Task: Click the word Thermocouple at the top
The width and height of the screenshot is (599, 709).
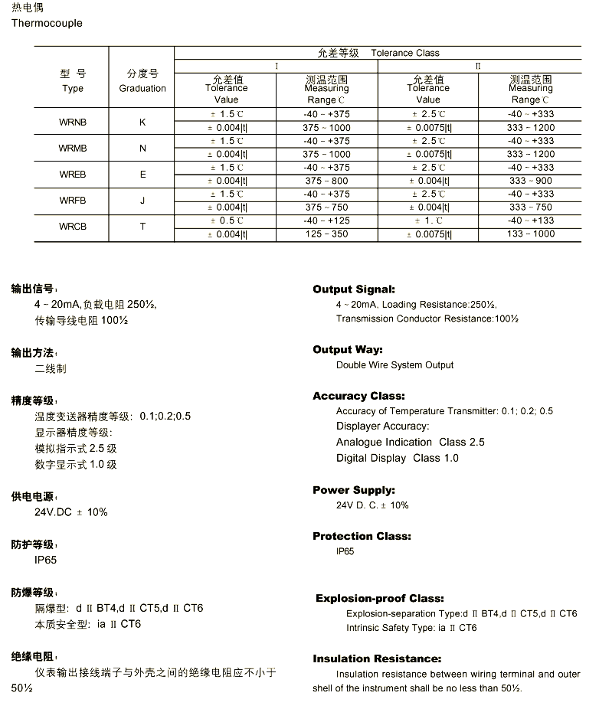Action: pyautogui.click(x=47, y=23)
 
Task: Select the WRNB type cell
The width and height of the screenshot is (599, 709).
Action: pyautogui.click(x=73, y=122)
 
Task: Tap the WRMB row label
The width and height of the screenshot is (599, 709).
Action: pyautogui.click(x=73, y=148)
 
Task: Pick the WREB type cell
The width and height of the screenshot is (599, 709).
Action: pyautogui.click(x=73, y=175)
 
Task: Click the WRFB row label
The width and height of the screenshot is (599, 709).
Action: pyautogui.click(x=73, y=201)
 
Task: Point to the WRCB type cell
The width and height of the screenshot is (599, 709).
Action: pyautogui.click(x=73, y=227)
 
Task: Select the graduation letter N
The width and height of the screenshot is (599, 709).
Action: pyautogui.click(x=142, y=148)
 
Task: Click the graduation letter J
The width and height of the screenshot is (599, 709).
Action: pyautogui.click(x=142, y=201)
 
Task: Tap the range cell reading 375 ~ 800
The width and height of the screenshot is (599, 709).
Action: pyautogui.click(x=326, y=181)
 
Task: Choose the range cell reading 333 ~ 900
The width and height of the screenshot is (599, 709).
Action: pyautogui.click(x=530, y=181)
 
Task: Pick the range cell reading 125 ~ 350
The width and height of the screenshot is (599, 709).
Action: pyautogui.click(x=326, y=234)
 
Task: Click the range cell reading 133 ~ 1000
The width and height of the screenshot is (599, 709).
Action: pyautogui.click(x=530, y=234)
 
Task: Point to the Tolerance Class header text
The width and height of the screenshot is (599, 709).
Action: pyautogui.click(x=405, y=53)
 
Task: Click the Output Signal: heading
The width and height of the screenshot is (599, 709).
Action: pyautogui.click(x=354, y=289)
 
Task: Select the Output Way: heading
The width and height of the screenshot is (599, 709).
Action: pyautogui.click(x=347, y=350)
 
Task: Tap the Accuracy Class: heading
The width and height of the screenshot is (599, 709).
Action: pyautogui.click(x=358, y=396)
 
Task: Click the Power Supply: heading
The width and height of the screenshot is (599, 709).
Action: pyautogui.click(x=354, y=490)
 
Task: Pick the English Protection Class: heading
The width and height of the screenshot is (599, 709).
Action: pyautogui.click(x=362, y=536)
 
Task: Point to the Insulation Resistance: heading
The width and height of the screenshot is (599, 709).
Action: pyautogui.click(x=377, y=658)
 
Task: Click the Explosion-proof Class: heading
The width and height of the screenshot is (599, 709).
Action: pyautogui.click(x=379, y=598)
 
